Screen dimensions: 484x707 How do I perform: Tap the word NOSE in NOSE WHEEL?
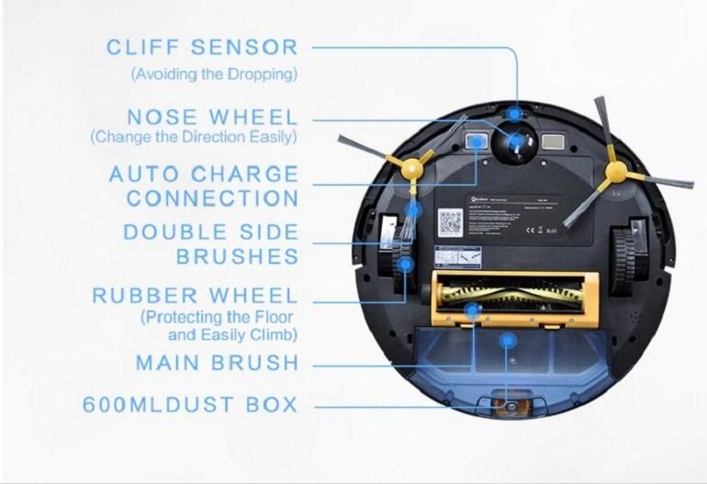point(163,118)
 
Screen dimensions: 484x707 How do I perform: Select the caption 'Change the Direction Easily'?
point(193,138)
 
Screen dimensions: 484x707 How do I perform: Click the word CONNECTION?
point(212,197)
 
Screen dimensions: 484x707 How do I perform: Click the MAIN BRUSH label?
point(217,363)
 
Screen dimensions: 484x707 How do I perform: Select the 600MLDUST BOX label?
point(190,404)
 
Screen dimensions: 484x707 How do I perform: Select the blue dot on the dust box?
point(504,341)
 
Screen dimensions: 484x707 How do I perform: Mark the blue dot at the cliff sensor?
point(515,113)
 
